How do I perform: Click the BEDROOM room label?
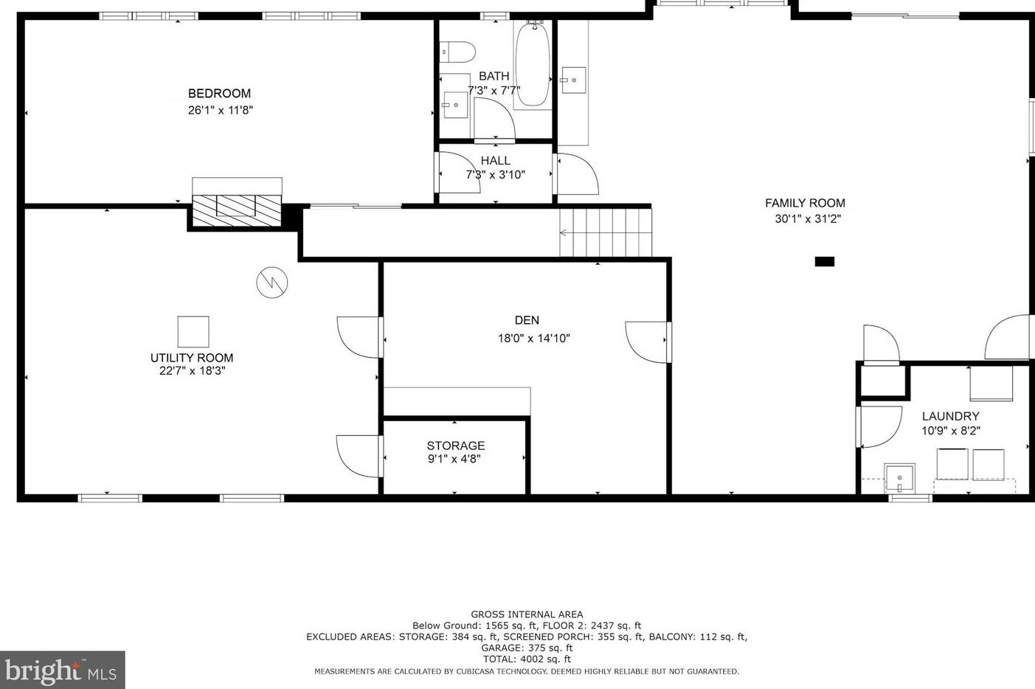tap(219, 94)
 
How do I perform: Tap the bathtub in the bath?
tap(532, 65)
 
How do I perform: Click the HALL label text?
tap(495, 161)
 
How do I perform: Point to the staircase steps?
tap(606, 232)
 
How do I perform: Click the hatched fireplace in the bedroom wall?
tap(236, 206)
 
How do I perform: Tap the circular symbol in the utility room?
tap(271, 283)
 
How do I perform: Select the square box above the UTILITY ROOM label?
tap(193, 331)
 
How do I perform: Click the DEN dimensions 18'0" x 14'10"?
tap(533, 339)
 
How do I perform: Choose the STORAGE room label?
tap(455, 446)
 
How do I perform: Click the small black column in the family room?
tap(824, 261)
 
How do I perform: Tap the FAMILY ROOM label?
tap(805, 203)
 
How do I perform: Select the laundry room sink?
tap(899, 478)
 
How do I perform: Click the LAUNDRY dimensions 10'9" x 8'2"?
tap(950, 431)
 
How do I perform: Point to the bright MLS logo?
tap(62, 670)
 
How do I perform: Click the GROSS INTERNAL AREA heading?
tap(527, 614)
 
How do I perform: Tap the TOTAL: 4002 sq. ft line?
tap(527, 659)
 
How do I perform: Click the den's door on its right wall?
tap(648, 342)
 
